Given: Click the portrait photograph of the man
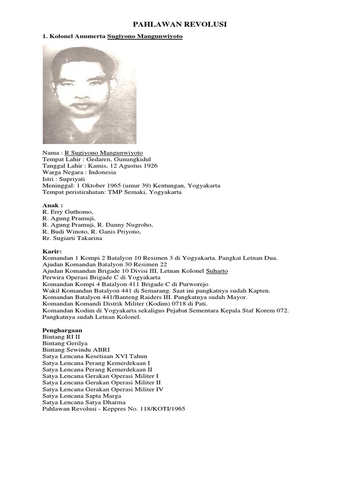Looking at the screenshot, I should pyautogui.click(x=90, y=94).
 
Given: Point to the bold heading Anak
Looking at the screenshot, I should pyautogui.click(x=52, y=205).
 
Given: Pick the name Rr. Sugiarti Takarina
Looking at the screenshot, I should pyautogui.click(x=72, y=238).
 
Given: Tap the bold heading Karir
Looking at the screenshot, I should pyautogui.click(x=52, y=251).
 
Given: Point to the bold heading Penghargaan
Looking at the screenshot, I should pyautogui.click(x=62, y=330).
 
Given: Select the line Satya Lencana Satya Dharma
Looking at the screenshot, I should pyautogui.click(x=84, y=402).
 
